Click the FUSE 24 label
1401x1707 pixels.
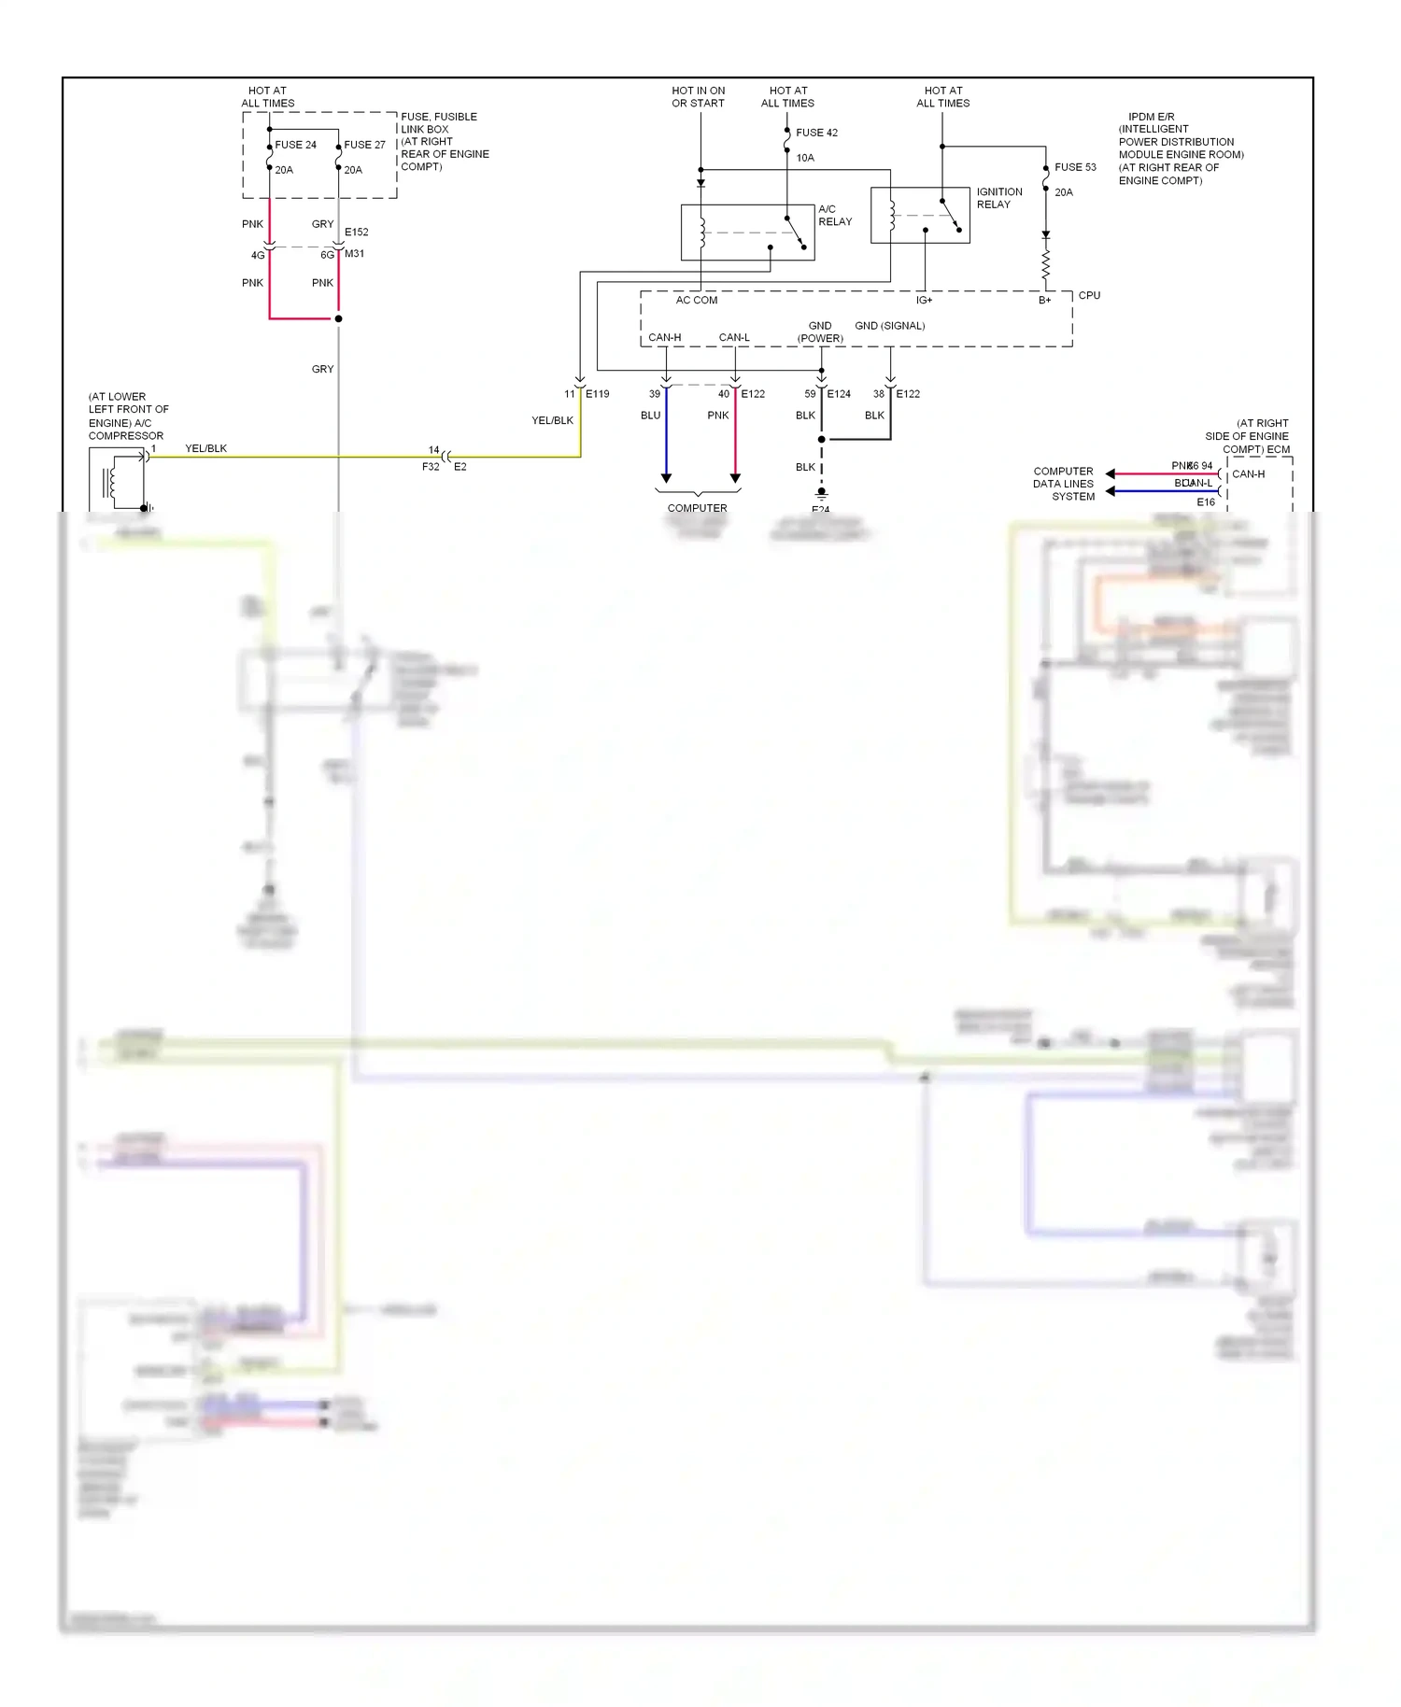pos(295,145)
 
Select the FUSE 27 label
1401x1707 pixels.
pos(364,145)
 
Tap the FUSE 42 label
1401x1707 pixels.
pos(816,133)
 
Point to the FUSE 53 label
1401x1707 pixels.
pos(1075,167)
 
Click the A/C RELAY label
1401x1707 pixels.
pos(834,216)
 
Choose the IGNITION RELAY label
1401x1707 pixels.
pos(998,198)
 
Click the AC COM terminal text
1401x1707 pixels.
pos(697,301)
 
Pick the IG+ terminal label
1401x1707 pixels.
pos(924,301)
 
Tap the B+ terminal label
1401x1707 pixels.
pos(1044,301)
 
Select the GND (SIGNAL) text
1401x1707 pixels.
pos(889,326)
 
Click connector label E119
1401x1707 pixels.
pos(597,394)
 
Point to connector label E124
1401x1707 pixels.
pos(839,394)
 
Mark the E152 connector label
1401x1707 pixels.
pos(356,233)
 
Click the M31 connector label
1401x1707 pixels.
pos(354,254)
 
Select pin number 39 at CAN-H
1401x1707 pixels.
pos(655,394)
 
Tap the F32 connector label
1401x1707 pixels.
pos(431,467)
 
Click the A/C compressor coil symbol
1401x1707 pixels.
pos(113,482)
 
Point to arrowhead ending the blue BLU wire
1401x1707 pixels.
pos(666,478)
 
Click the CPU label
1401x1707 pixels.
pos(1089,295)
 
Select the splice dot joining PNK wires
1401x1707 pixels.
pos(338,318)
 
